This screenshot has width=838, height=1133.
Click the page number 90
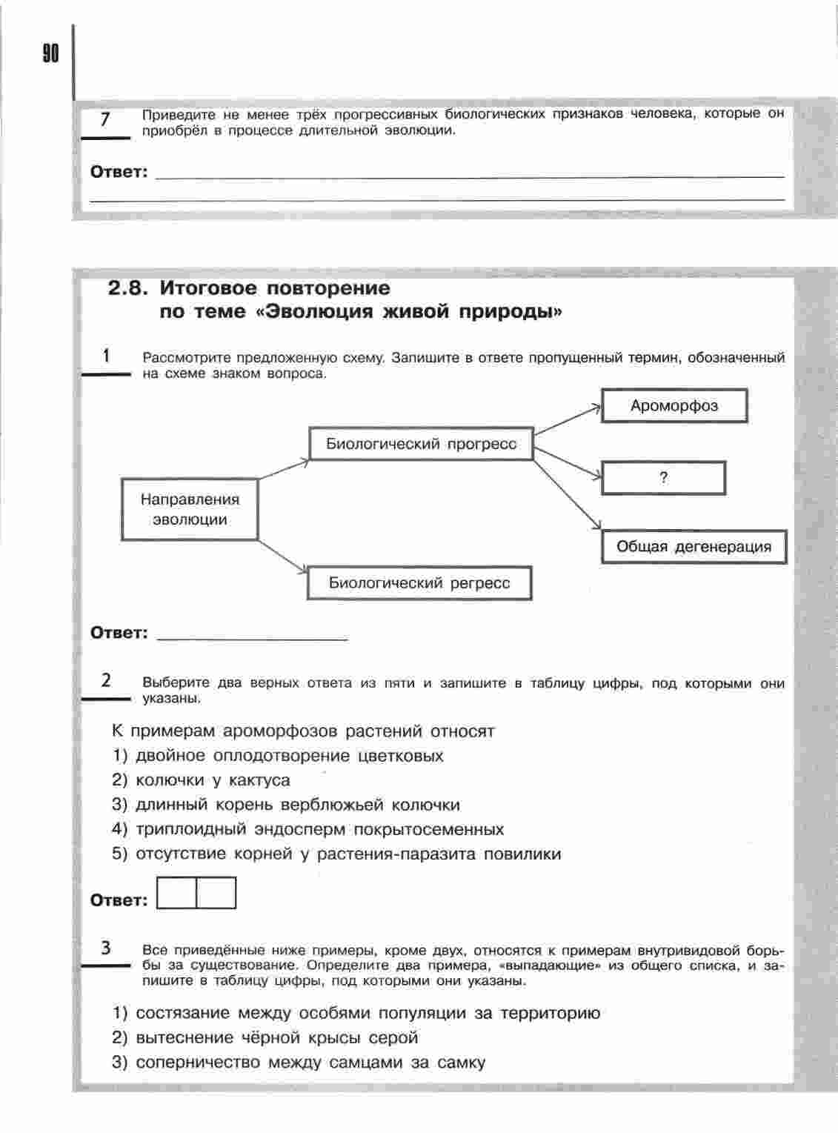tap(50, 54)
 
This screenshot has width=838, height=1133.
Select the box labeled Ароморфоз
tap(674, 406)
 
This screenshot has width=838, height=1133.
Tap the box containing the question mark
tap(663, 478)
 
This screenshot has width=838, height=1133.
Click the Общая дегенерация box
tap(694, 547)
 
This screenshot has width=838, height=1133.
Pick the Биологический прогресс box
tap(421, 444)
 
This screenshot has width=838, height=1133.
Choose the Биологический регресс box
tap(419, 583)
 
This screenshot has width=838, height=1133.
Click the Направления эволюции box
tap(190, 509)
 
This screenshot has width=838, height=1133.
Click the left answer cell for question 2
tap(177, 893)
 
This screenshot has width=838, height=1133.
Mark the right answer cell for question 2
tap(216, 893)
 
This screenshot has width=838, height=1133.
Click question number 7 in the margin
tap(105, 119)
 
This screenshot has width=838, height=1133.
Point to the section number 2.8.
tap(130, 288)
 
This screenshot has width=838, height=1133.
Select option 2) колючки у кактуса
tap(201, 780)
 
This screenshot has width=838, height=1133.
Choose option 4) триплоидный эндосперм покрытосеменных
tap(307, 829)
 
